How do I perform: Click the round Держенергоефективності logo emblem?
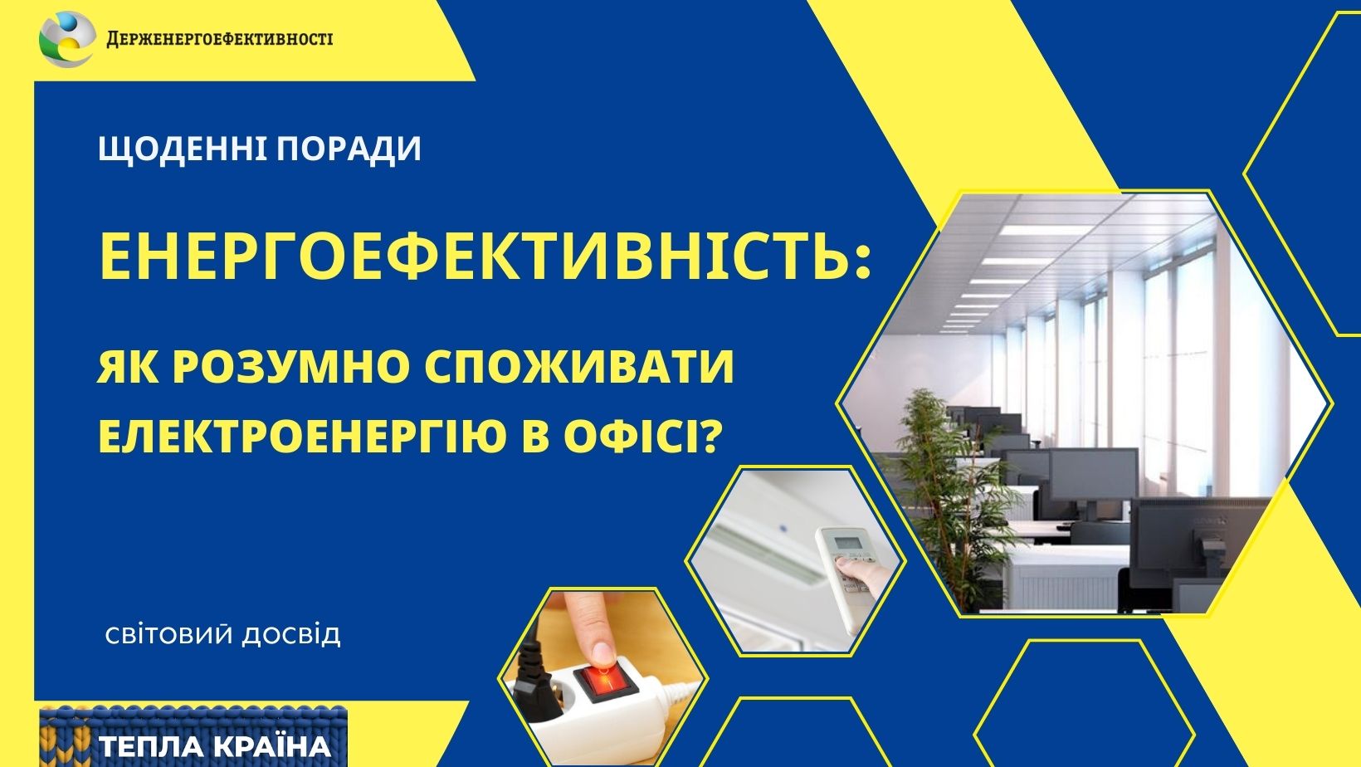pyautogui.click(x=67, y=39)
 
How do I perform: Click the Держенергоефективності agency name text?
pyautogui.click(x=220, y=39)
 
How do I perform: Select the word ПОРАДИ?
pyautogui.click(x=349, y=149)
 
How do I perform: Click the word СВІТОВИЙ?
pyautogui.click(x=169, y=636)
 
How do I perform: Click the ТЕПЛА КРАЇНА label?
pyautogui.click(x=215, y=746)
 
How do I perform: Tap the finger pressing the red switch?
pyautogui.click(x=590, y=626)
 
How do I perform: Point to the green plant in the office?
pyautogui.click(x=950, y=486)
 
